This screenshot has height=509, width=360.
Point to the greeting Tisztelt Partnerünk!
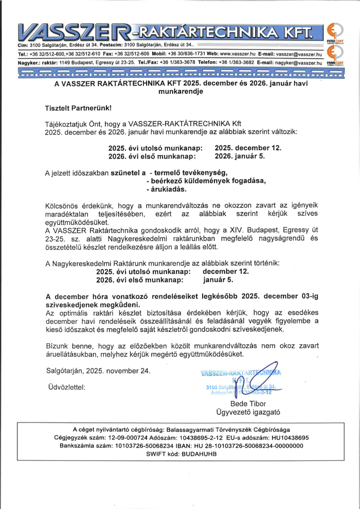coord(78,109)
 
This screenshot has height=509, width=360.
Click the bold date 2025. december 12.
coord(248,148)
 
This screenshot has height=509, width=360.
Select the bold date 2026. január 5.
coord(240,156)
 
